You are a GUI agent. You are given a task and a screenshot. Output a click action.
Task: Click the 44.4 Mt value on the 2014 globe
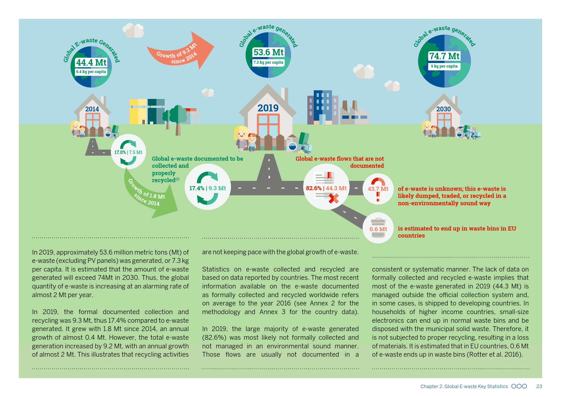(x=91, y=62)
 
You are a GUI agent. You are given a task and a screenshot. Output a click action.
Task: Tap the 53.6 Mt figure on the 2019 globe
(x=268, y=52)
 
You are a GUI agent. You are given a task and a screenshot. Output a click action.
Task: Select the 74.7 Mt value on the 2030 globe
(x=444, y=56)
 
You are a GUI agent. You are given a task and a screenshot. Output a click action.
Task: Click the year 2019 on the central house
(x=268, y=108)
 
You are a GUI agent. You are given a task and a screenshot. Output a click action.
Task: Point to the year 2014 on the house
(x=92, y=109)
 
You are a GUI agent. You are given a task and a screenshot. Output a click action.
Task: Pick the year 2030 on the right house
(x=444, y=109)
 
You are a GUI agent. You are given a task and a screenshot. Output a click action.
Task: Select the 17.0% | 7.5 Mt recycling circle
(x=128, y=152)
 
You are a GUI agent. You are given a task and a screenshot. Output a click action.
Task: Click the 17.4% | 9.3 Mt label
(x=208, y=188)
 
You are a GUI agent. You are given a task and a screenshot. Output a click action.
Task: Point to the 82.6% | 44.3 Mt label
(x=326, y=188)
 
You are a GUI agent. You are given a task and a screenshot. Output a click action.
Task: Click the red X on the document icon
(x=334, y=199)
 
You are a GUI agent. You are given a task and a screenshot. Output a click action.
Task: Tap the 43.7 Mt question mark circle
(x=378, y=189)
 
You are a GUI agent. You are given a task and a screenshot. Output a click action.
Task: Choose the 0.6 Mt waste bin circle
(x=378, y=228)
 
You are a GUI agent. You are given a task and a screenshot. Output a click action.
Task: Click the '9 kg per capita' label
(x=444, y=66)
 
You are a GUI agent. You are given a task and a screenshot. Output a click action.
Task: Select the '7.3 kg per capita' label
(x=268, y=62)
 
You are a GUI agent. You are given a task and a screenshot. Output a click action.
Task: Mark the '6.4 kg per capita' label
(x=91, y=72)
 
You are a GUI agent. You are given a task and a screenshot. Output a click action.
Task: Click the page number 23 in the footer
(x=539, y=386)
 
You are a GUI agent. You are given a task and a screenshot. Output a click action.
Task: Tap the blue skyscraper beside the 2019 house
(x=323, y=107)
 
